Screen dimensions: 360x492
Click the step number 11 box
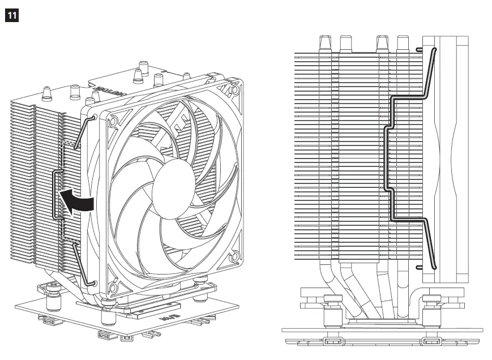(x=10, y=15)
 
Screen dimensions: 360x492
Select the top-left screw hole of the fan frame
(x=112, y=121)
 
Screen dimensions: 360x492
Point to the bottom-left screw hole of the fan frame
(x=113, y=289)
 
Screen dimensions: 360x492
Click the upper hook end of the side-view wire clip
(x=420, y=50)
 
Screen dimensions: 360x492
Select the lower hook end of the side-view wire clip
(x=420, y=266)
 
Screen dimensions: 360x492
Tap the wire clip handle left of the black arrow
(x=55, y=195)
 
